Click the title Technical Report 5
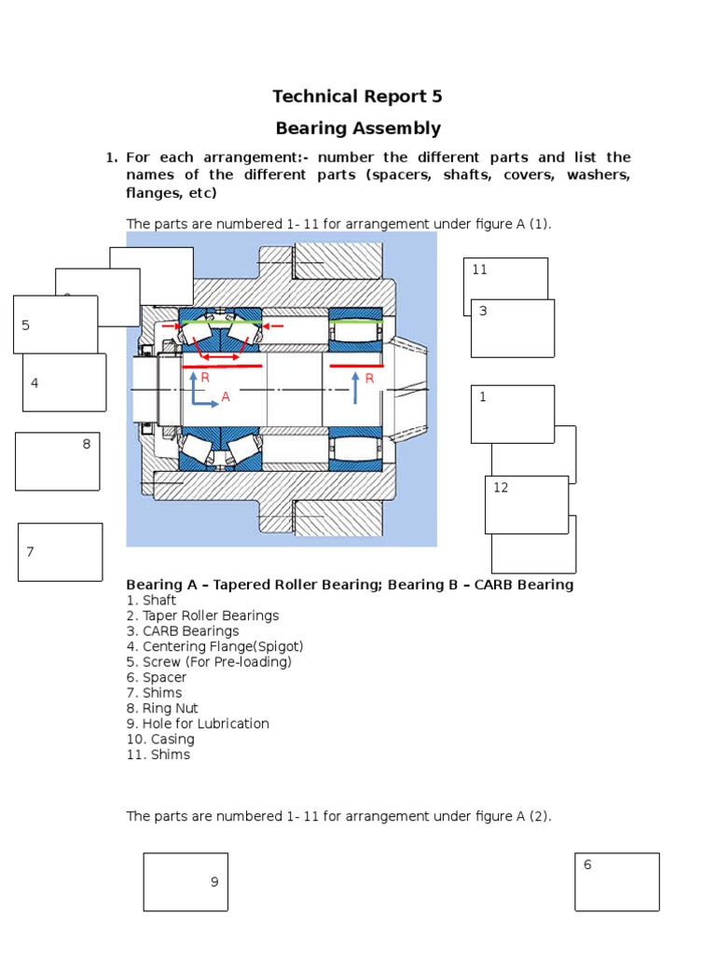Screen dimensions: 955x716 coord(357,96)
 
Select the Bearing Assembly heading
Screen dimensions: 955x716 coord(357,128)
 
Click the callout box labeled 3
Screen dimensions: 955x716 coord(512,328)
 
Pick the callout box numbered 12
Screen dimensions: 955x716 coord(526,505)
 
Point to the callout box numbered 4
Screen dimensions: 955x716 coord(63,382)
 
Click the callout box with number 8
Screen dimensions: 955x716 coord(57,461)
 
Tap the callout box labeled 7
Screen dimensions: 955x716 coord(60,552)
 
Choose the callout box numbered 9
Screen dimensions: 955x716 coord(185,881)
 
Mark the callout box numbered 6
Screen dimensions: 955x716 coord(616,881)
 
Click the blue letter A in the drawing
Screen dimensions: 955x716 coord(225,397)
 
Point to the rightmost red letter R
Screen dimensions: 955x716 coord(369,379)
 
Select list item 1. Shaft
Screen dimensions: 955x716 coord(151,601)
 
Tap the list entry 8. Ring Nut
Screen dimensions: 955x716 coord(162,708)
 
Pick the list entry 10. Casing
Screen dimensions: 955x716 coord(160,740)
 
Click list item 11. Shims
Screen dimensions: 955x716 coord(158,754)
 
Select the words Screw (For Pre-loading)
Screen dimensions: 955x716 coord(216,662)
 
